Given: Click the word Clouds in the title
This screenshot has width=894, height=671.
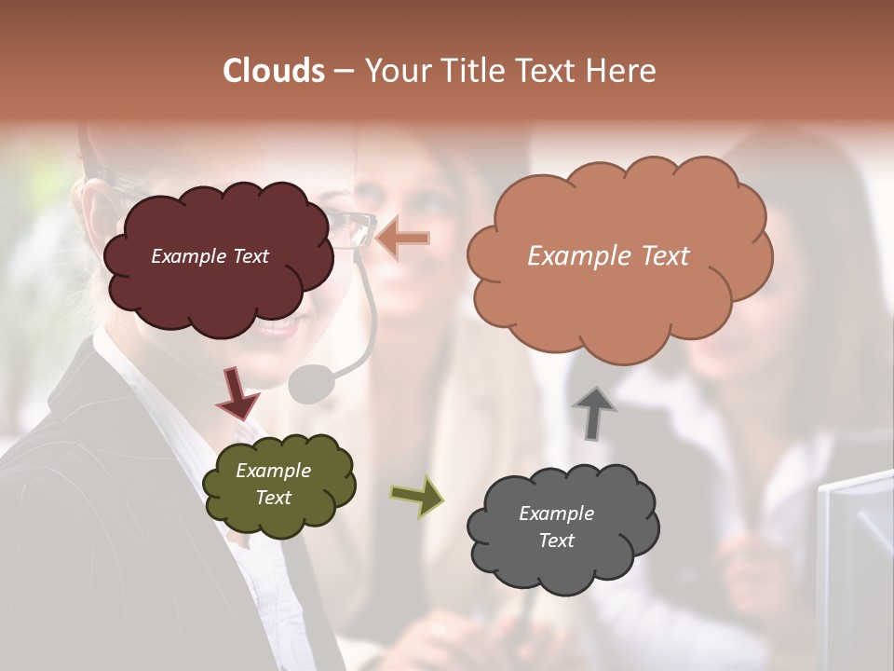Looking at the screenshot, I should (273, 71).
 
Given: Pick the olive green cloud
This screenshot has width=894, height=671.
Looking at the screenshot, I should (278, 518).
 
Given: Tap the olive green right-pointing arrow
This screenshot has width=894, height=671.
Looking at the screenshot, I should (417, 496).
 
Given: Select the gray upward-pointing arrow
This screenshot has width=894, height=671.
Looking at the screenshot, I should (594, 411).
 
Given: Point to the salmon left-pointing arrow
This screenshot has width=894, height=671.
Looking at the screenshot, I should (404, 239).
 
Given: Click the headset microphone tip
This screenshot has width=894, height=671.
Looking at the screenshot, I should (311, 383).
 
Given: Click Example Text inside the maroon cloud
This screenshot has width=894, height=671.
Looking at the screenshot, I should (210, 256).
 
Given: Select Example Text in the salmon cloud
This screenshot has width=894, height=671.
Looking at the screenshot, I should (608, 256).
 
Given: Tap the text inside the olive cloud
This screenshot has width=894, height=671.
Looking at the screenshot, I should (274, 485).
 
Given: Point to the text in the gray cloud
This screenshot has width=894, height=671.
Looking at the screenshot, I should (556, 527).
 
